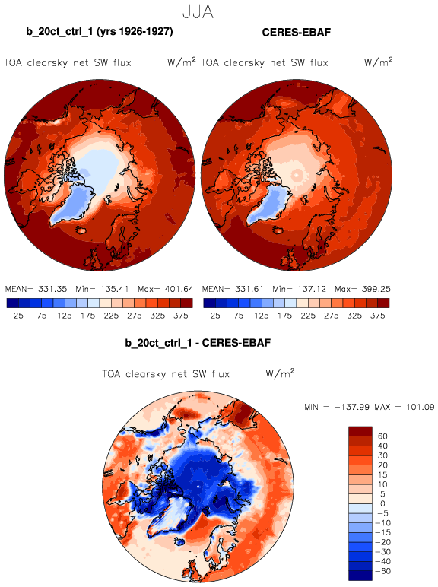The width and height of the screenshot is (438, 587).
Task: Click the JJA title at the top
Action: click(198, 12)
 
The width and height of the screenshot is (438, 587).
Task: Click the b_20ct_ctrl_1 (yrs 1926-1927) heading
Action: click(100, 32)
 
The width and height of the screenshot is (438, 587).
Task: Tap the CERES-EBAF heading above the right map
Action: click(297, 32)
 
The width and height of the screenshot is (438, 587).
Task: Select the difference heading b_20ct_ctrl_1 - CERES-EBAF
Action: click(198, 343)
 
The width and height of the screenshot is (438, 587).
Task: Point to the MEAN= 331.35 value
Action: click(36, 289)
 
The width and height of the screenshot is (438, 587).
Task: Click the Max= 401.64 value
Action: click(166, 289)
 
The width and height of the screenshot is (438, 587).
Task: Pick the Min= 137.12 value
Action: click(299, 289)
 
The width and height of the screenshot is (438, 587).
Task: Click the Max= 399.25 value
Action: click(363, 289)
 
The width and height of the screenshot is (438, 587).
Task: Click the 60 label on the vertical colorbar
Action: click(382, 436)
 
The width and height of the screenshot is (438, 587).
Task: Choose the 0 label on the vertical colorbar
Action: click(382, 503)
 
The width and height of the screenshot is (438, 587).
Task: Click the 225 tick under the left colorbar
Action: click(111, 316)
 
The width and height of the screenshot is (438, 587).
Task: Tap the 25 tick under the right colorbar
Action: click(215, 316)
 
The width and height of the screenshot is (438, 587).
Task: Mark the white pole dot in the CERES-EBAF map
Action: click(297, 175)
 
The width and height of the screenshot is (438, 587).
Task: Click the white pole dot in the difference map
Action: click(198, 487)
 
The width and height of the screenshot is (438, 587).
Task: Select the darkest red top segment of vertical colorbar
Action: click(360, 431)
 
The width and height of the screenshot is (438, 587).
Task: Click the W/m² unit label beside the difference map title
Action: click(280, 373)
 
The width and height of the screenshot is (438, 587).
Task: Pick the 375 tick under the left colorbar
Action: click(181, 316)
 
